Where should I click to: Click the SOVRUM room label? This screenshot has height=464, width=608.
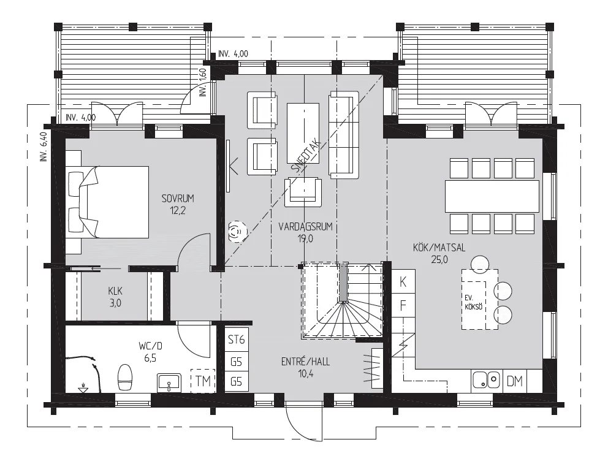click(178, 199)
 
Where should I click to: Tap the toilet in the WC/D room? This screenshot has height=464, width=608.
click(125, 377)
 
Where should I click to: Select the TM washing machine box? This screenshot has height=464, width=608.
click(203, 381)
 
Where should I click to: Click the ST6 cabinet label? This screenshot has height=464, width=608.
click(236, 340)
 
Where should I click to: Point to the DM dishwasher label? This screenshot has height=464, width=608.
click(515, 381)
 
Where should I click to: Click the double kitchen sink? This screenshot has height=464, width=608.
click(487, 379)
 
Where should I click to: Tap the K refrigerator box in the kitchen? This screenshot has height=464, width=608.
click(403, 282)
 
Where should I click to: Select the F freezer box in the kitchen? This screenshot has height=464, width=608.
click(403, 305)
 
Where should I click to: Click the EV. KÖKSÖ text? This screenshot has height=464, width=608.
click(473, 302)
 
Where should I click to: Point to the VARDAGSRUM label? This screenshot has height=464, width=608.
click(306, 227)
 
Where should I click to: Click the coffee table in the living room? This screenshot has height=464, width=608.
click(303, 133)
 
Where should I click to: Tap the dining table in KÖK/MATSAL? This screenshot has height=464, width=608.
click(492, 196)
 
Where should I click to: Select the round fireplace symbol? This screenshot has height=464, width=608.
click(237, 232)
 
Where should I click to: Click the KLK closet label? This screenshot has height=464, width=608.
click(115, 291)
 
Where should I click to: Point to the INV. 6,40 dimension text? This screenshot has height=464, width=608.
click(43, 146)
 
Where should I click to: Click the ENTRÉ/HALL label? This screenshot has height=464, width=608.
click(306, 362)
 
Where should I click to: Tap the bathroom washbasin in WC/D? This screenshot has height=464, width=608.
click(169, 382)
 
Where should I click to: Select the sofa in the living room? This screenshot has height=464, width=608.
click(344, 135)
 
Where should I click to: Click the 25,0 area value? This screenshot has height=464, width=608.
click(439, 259)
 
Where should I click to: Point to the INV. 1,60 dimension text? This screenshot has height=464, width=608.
click(203, 82)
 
